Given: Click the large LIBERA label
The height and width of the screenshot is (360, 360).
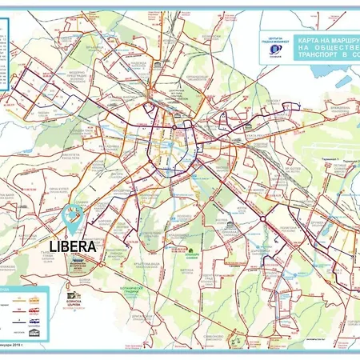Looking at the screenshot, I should [x=72, y=246].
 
